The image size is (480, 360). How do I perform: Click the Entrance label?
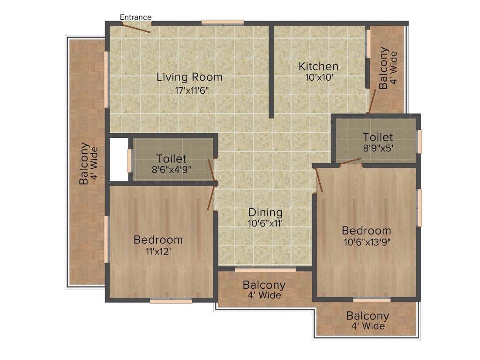[135, 17]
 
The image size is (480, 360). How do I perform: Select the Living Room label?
[189, 77]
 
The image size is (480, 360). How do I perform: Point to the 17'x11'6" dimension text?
[189, 90]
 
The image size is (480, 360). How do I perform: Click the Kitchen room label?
[318, 66]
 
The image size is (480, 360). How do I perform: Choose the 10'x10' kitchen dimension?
[318, 78]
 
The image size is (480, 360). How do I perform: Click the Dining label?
[265, 212]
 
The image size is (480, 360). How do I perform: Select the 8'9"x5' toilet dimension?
[378, 148]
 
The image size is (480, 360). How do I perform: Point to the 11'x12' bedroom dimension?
[158, 251]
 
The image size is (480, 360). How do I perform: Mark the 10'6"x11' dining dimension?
[265, 224]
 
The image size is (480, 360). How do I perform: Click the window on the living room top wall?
[223, 22]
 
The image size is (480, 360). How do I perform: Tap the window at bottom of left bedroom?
[171, 301]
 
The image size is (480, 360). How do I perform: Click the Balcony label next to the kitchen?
[383, 68]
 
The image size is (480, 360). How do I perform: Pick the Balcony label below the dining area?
[264, 285]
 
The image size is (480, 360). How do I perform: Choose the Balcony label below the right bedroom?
[368, 316]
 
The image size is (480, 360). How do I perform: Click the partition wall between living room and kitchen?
[271, 70]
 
